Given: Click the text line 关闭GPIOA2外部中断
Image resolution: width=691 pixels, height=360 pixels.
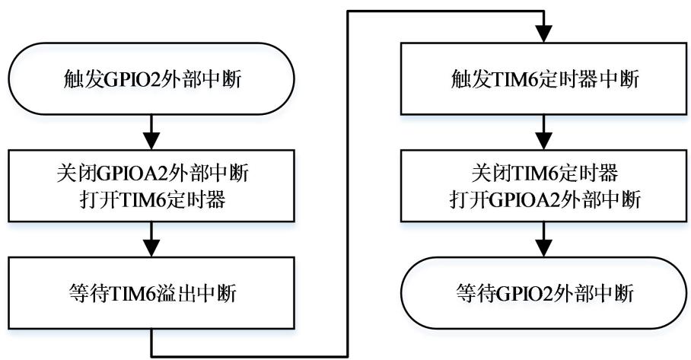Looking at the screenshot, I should tap(153, 174).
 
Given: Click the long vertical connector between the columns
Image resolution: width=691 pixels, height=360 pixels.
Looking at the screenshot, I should tap(349, 183).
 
